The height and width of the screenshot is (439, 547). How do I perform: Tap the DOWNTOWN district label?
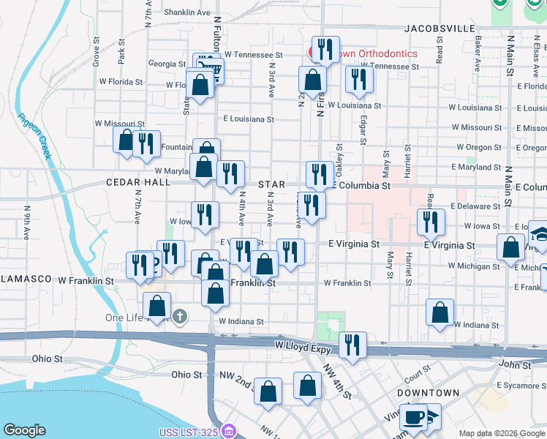click(x=428, y=393)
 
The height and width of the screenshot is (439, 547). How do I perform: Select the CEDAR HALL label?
click(x=137, y=183)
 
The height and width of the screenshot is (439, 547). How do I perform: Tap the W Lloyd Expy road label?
click(x=298, y=344)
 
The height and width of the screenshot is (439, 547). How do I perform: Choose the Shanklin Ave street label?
click(x=187, y=12)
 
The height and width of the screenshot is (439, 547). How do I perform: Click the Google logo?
click(x=24, y=430)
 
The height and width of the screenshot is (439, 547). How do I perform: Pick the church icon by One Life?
click(x=181, y=317)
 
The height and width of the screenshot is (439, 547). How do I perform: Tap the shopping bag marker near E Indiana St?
click(x=440, y=312)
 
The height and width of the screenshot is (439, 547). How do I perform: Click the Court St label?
click(x=416, y=374)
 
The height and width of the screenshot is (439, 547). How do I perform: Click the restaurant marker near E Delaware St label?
click(x=431, y=222)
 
